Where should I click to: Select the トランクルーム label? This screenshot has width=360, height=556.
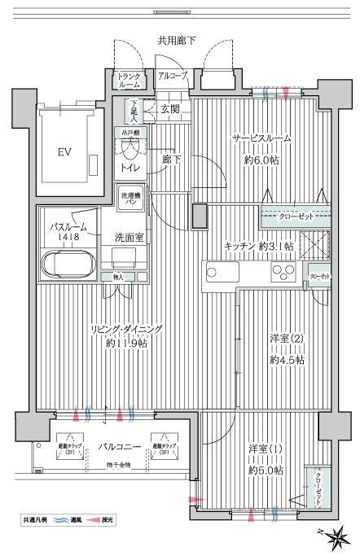click(130, 80)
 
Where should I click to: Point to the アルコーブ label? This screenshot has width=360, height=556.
click(172, 76)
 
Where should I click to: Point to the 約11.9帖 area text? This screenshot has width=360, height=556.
click(125, 344)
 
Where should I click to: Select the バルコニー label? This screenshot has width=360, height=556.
click(121, 446)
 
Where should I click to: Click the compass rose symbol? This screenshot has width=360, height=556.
click(336, 536)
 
